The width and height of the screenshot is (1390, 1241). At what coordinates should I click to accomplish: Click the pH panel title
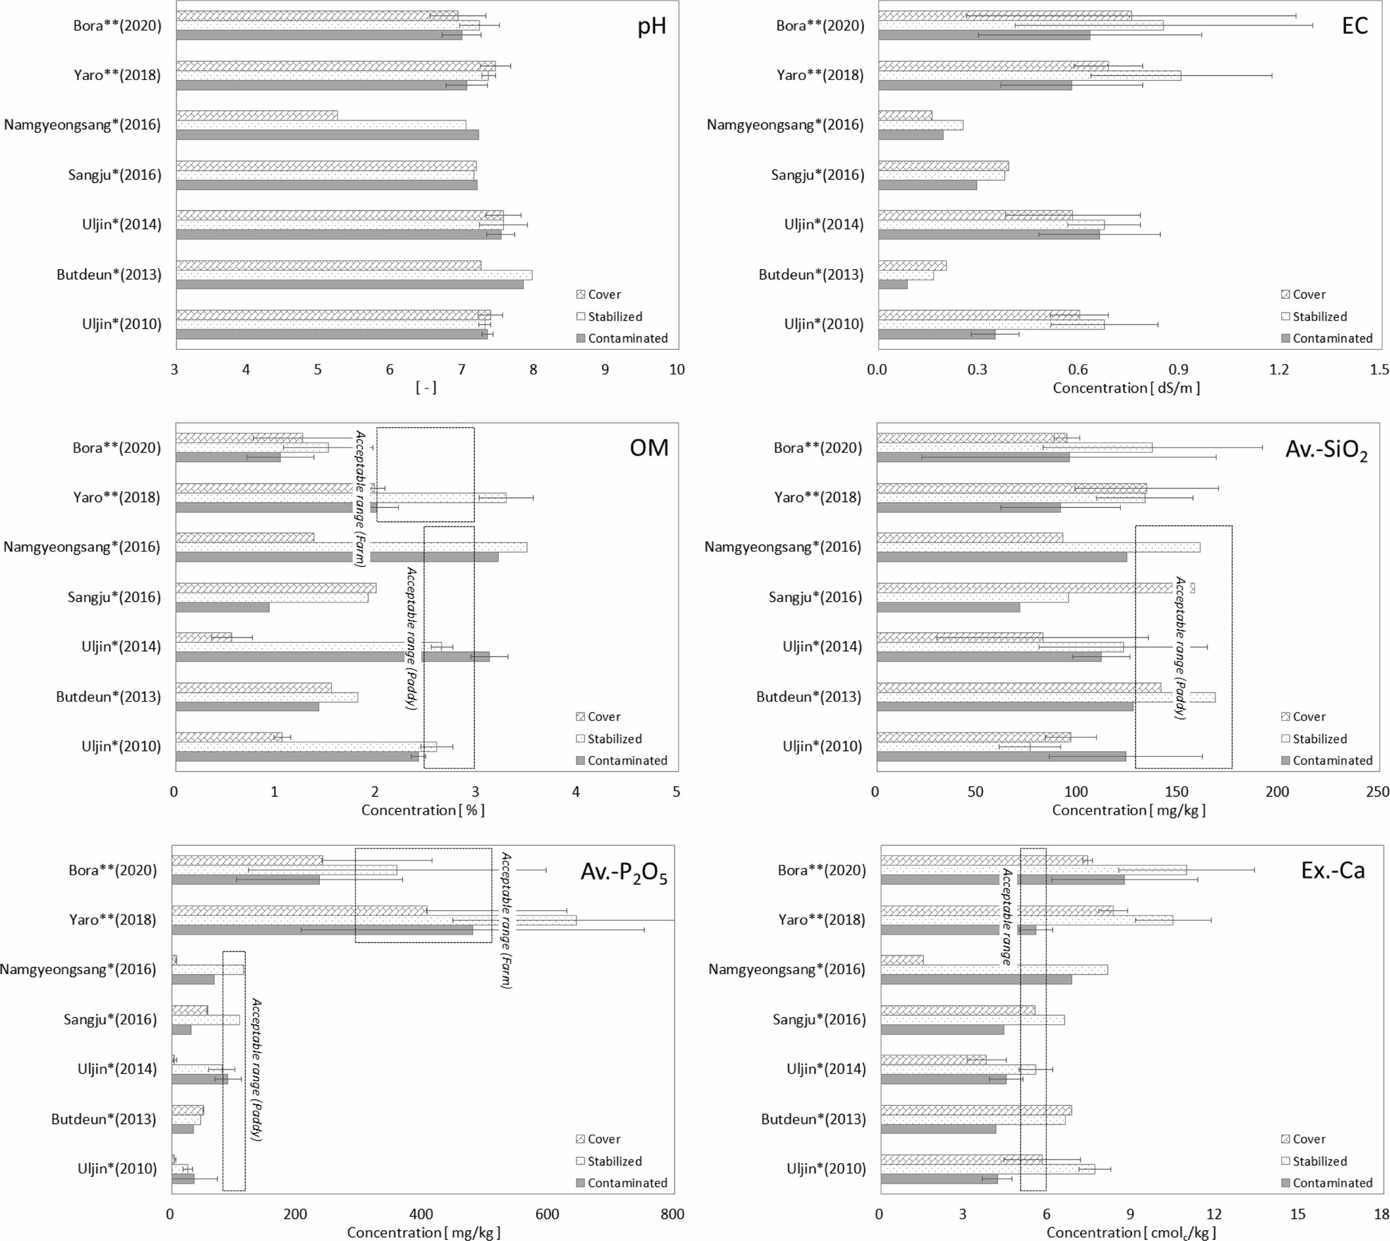tap(651, 26)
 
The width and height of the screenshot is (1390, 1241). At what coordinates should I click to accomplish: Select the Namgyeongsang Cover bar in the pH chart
tap(256, 115)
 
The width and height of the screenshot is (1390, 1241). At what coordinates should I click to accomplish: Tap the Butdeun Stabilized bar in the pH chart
tap(354, 275)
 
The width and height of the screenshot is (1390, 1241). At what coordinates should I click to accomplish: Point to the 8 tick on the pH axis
tap(533, 370)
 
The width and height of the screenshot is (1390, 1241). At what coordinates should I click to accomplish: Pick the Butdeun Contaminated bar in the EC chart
tap(893, 285)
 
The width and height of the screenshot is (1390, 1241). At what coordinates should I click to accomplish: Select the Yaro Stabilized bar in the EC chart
tap(1029, 76)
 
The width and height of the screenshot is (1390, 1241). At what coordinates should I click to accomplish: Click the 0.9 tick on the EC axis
tap(1179, 370)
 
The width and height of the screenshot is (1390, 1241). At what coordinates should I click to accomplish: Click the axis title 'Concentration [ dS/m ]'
tap(1126, 388)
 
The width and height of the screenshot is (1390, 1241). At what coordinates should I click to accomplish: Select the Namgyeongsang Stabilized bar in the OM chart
tap(351, 547)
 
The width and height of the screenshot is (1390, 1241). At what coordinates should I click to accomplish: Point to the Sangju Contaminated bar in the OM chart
tap(222, 607)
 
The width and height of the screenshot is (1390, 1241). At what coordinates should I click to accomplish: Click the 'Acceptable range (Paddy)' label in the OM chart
tap(411, 638)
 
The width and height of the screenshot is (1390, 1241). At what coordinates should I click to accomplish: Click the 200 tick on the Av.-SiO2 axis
tap(1277, 791)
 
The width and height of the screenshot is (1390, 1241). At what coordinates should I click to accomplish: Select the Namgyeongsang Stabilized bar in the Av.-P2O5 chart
tap(207, 970)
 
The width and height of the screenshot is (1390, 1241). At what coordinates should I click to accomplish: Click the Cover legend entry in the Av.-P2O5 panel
tap(603, 1140)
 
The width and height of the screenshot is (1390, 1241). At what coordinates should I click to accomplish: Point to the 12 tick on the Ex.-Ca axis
tap(1215, 1214)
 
